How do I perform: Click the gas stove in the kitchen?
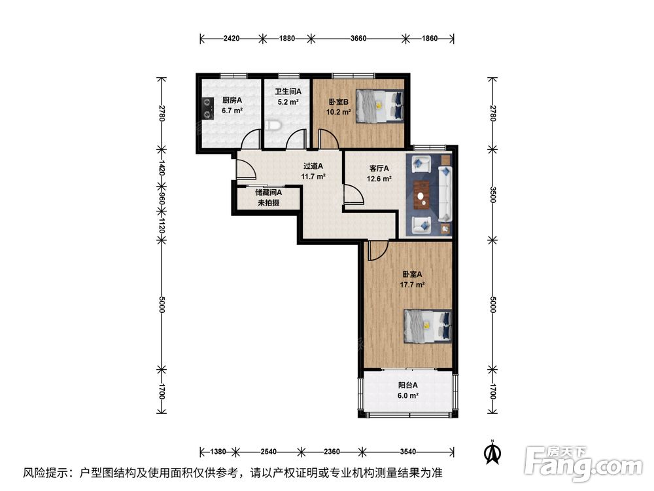tap(206, 109)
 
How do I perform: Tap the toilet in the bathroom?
tap(272, 125)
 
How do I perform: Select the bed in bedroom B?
tap(379, 106)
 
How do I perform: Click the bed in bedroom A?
tap(428, 326)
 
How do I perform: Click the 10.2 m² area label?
tap(338, 112)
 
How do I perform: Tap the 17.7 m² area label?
tap(412, 285)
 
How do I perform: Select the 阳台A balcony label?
tap(407, 386)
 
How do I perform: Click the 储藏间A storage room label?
tap(268, 192)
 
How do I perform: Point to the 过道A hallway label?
tap(313, 166)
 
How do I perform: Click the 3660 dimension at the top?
tap(358, 39)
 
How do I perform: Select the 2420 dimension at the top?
tap(232, 39)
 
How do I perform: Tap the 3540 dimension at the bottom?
tap(408, 451)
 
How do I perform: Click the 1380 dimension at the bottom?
tap(218, 451)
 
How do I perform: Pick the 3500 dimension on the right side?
tap(492, 194)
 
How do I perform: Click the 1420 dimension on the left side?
tap(162, 167)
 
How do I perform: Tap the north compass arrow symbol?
tap(492, 452)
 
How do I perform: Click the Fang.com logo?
tap(583, 463)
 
